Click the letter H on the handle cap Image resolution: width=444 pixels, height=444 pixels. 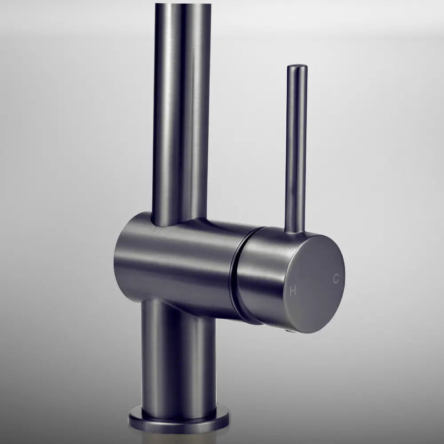click(x=293, y=292)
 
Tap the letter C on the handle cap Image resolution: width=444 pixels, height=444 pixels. click(x=336, y=279)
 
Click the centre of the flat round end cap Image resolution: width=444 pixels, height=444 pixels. click(x=316, y=283)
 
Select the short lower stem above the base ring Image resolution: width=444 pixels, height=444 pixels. click(x=178, y=360)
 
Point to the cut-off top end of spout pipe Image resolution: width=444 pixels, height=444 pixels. click(x=182, y=5)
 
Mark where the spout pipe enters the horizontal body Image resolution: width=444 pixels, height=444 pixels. click(x=178, y=222)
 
